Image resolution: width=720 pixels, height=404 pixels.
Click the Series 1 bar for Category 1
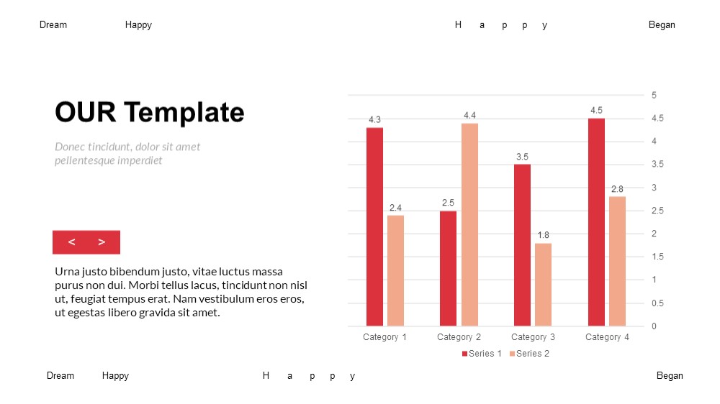click(374, 226)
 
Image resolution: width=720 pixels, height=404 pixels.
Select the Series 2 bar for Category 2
click(469, 225)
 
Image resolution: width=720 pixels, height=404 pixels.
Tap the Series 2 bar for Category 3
click(543, 285)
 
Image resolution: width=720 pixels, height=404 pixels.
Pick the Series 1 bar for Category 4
click(596, 222)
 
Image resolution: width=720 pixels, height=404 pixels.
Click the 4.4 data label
click(469, 116)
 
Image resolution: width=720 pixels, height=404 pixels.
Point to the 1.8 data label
click(543, 235)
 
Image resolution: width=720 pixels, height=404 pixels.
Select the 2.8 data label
click(617, 189)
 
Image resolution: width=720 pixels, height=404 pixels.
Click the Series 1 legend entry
click(482, 354)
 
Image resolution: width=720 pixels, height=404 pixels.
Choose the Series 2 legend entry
click(529, 354)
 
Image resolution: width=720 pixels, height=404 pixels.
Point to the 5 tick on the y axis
click(654, 96)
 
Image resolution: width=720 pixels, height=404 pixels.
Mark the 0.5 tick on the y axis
click(657, 303)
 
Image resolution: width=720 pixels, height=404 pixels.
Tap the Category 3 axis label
click(533, 337)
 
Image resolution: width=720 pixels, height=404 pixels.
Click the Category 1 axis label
click(384, 337)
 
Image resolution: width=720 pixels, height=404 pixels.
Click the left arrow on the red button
click(71, 242)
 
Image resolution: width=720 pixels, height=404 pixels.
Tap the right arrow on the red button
click(102, 242)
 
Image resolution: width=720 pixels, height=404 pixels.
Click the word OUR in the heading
click(86, 112)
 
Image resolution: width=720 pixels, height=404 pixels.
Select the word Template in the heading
click(184, 113)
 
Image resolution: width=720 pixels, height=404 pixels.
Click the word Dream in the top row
click(53, 24)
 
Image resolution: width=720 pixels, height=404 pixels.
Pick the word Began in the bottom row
click(670, 376)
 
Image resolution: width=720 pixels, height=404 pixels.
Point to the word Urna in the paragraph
click(67, 272)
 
